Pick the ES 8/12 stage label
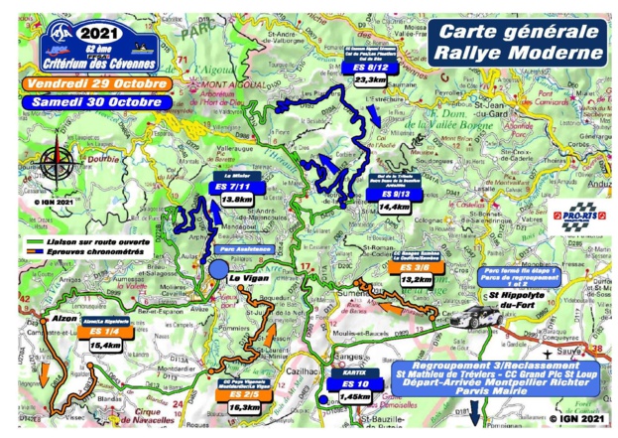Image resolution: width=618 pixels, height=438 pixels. (368, 68)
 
